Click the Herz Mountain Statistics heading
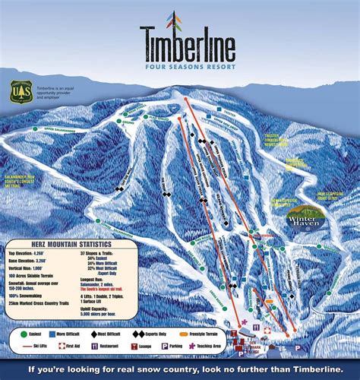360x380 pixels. pyautogui.click(x=69, y=244)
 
